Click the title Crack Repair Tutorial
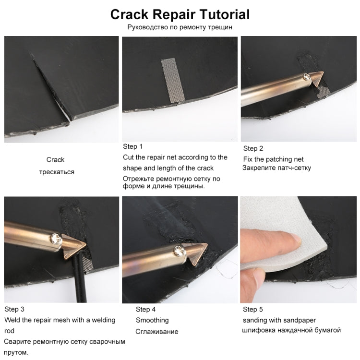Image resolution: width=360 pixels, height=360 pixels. (x=180, y=14)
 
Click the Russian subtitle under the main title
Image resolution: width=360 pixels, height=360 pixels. (x=180, y=27)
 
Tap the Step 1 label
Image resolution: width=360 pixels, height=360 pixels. (x=132, y=146)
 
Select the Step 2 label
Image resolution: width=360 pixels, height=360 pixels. (x=253, y=148)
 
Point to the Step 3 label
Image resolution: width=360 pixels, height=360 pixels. (x=14, y=309)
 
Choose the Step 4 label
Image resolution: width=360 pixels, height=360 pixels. (x=145, y=310)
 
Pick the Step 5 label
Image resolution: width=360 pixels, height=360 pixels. (x=253, y=310)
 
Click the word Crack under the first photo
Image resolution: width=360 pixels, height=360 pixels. (x=55, y=160)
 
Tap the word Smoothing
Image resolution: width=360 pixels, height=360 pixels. (x=152, y=320)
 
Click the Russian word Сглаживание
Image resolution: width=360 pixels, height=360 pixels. (x=157, y=331)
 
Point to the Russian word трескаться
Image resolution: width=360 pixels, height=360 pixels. (x=57, y=171)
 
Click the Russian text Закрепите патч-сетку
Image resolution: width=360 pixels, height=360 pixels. (x=276, y=168)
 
